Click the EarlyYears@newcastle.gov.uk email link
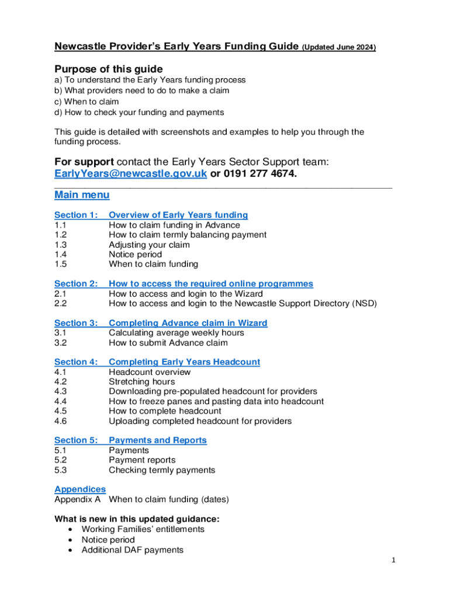(x=130, y=175)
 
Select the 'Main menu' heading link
(x=82, y=195)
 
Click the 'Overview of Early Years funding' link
(x=178, y=215)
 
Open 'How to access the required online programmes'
(x=211, y=284)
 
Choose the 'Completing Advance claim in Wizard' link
(x=188, y=323)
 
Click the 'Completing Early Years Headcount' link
(x=185, y=362)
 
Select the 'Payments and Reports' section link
(x=158, y=440)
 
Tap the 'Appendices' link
(x=80, y=489)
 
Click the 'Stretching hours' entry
(x=141, y=382)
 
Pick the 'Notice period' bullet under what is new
(x=108, y=540)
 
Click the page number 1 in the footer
(x=394, y=561)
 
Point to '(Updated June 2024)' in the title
(x=339, y=47)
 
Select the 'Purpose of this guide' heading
(x=108, y=69)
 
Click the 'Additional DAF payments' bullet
(x=132, y=550)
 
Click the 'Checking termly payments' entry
(x=162, y=470)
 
